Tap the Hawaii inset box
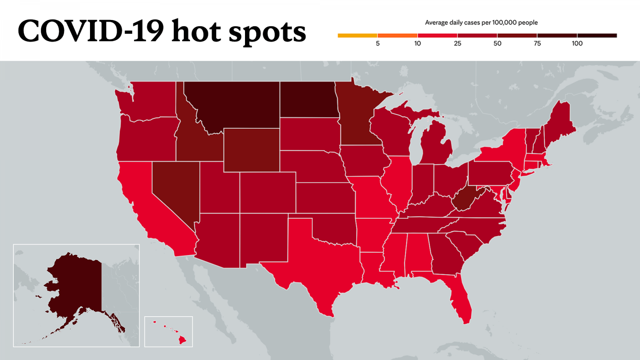pos(168,331)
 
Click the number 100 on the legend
pos(577,43)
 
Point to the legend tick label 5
pos(377,43)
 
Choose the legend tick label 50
pos(497,43)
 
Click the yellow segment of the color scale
pos(357,35)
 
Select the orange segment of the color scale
pos(397,35)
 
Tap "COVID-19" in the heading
pos(90,31)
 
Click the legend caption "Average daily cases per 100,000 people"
pos(481,22)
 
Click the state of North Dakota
pos(307,99)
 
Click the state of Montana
pos(233,102)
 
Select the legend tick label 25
pos(457,43)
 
